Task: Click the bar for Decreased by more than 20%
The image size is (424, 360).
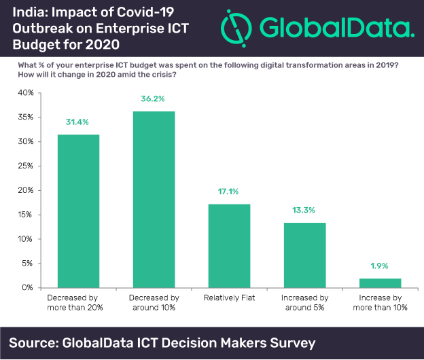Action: [x=77, y=211]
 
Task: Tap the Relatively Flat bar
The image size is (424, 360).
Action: [x=229, y=245]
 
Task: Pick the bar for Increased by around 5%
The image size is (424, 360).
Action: [x=304, y=255]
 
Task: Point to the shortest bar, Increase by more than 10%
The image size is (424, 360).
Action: [x=380, y=283]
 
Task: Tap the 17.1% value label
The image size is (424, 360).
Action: [x=229, y=191]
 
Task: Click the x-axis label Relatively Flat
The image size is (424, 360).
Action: [x=229, y=299]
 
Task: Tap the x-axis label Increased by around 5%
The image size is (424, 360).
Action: [x=304, y=303]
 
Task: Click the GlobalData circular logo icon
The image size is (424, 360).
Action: [x=235, y=26]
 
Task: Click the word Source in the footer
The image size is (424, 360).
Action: [x=35, y=341]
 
